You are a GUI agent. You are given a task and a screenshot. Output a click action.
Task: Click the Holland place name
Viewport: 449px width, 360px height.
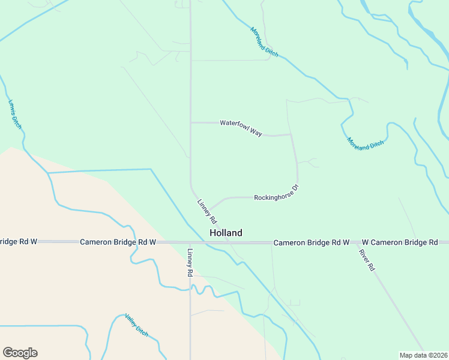point(226,233)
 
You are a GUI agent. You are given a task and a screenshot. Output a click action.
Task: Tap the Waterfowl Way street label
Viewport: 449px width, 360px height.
point(241,128)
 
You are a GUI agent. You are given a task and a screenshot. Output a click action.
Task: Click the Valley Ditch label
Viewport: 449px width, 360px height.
point(136,325)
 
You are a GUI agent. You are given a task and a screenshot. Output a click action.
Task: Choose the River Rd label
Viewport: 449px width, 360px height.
point(367,259)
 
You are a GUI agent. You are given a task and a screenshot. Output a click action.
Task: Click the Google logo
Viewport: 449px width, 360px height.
point(20,353)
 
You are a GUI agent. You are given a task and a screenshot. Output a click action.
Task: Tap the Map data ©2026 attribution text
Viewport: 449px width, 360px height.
point(423,355)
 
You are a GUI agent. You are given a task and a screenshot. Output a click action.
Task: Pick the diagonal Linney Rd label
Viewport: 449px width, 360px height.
point(206,212)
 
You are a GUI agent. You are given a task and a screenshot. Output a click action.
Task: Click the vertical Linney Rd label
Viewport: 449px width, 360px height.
point(190,262)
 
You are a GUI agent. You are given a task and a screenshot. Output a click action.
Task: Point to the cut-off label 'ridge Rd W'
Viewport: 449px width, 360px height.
point(19,242)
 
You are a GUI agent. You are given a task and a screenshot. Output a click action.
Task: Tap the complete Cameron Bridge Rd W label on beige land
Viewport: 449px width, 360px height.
point(118,242)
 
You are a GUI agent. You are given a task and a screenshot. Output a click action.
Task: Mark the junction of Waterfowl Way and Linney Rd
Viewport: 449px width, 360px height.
point(191,122)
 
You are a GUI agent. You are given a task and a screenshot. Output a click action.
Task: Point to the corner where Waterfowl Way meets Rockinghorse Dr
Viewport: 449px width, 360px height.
point(291,134)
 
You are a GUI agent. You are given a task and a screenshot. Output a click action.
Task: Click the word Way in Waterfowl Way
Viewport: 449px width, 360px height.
point(255,131)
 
